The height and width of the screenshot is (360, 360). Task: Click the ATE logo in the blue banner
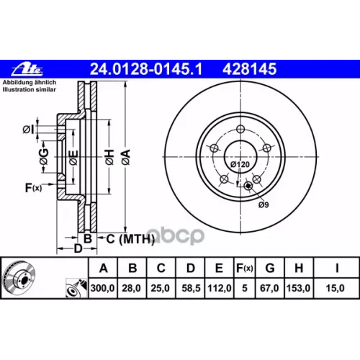point(27,70)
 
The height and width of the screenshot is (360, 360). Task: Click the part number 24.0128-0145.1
point(146,69)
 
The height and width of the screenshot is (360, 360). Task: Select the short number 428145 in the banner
point(250,69)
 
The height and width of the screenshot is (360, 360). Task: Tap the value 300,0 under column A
point(103,288)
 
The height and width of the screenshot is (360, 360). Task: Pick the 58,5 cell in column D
point(191,288)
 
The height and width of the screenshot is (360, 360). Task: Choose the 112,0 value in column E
point(220,288)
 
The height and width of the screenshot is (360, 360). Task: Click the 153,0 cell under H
point(299,288)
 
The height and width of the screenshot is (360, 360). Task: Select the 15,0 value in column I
point(335,288)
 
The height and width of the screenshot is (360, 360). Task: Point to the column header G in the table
point(270,268)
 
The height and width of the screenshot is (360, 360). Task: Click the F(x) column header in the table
point(245,268)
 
